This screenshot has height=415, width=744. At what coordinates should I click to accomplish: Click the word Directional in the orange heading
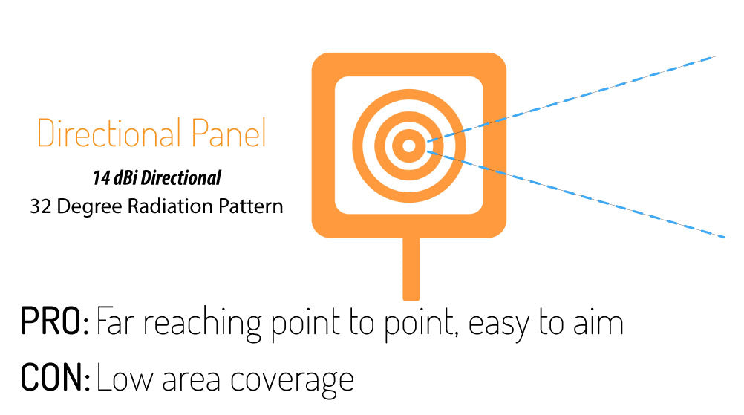(x=109, y=133)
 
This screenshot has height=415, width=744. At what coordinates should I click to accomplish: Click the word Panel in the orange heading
(x=229, y=133)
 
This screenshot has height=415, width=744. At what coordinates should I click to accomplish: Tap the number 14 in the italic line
(x=101, y=178)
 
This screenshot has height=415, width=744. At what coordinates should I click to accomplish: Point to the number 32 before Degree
(x=41, y=206)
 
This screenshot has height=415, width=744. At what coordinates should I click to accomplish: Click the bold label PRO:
(x=54, y=322)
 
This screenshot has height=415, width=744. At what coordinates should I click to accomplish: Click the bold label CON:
(x=55, y=377)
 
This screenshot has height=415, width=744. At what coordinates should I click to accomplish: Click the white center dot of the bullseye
(x=408, y=146)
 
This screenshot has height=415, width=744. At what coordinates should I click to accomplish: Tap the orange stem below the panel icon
(x=411, y=269)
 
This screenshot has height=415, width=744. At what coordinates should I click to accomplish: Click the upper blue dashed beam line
(x=571, y=99)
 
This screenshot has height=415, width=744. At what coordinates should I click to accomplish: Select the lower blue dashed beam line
(x=576, y=194)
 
